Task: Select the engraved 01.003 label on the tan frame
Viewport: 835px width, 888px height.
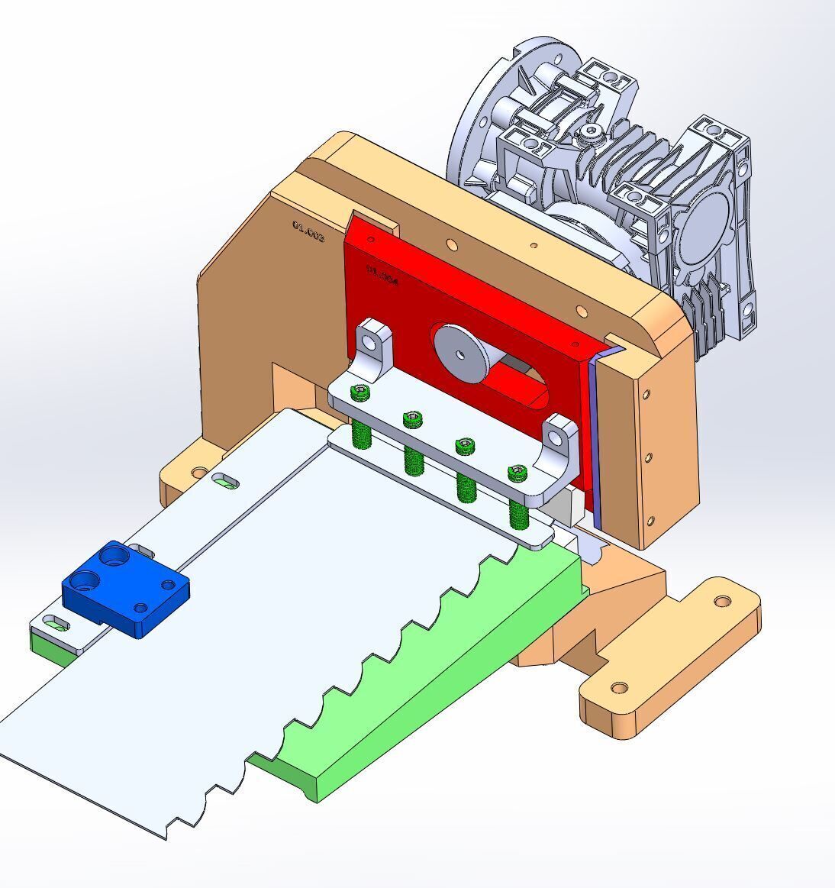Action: click(x=308, y=231)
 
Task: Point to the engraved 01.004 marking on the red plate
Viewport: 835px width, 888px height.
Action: click(x=382, y=275)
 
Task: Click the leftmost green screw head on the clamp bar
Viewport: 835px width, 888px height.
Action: click(x=360, y=392)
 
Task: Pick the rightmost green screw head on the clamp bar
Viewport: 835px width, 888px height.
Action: click(x=518, y=473)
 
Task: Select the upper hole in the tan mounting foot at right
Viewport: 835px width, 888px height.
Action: click(x=721, y=602)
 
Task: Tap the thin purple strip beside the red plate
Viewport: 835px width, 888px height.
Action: click(x=595, y=443)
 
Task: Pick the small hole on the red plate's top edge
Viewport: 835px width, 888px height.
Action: click(x=372, y=240)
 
